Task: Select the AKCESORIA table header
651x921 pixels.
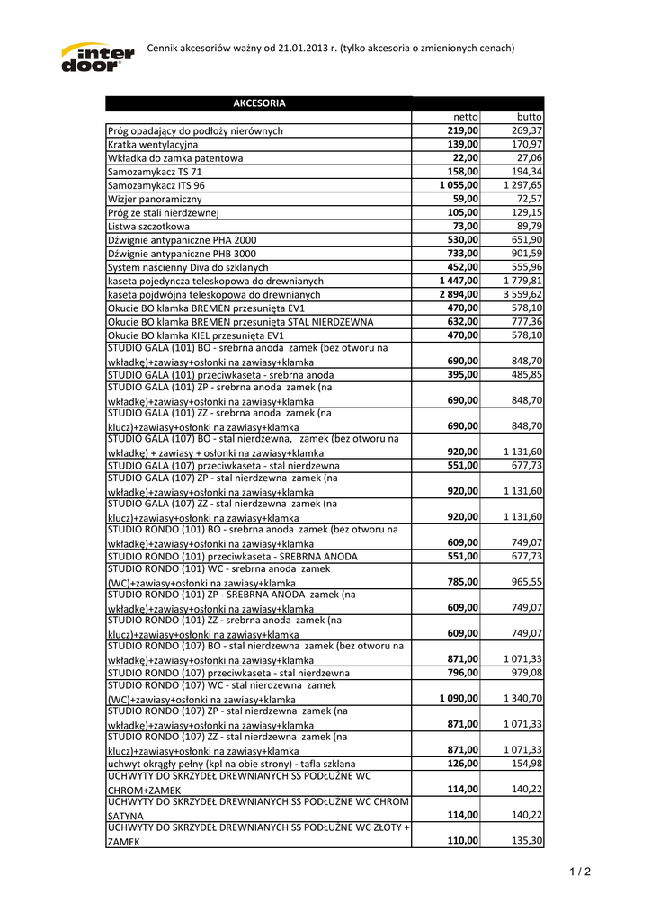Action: click(259, 103)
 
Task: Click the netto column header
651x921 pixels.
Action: click(466, 117)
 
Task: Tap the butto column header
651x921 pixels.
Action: click(530, 117)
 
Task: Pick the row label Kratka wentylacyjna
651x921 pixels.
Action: click(153, 144)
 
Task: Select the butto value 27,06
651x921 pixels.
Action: click(529, 157)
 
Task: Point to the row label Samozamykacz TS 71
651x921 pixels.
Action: click(155, 171)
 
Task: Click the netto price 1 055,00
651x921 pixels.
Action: click(459, 184)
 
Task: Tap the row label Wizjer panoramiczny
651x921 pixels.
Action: click(155, 198)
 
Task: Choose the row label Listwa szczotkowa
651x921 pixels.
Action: click(148, 226)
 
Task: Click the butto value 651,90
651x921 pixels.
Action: click(527, 240)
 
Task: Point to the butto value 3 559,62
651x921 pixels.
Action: click(523, 294)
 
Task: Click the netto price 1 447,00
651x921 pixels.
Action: click(459, 281)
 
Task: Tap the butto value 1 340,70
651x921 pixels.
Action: click(523, 698)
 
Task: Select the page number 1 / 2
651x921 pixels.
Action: click(581, 872)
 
